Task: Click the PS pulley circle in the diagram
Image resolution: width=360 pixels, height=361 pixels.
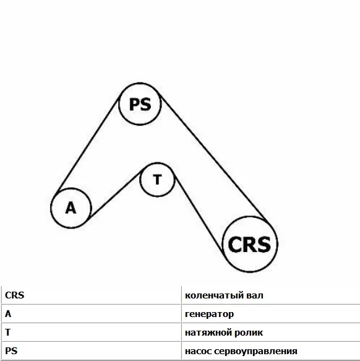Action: coord(140,83)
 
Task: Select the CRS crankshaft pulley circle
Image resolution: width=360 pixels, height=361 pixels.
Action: coord(250,217)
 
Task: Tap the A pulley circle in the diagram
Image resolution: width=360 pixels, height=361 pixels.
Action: coord(71,189)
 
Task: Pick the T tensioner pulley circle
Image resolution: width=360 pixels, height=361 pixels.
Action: coord(158,163)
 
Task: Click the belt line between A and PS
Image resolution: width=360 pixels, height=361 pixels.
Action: coord(88,144)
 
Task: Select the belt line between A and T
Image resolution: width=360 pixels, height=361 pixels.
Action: coord(115,194)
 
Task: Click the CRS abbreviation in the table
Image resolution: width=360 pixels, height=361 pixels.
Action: coord(14,295)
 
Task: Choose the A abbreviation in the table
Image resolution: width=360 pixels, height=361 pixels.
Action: coord(8,314)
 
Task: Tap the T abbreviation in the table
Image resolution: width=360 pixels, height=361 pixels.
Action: coord(8,333)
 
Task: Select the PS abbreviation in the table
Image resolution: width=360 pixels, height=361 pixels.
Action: coord(11,351)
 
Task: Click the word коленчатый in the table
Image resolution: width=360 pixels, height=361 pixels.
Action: coord(214,295)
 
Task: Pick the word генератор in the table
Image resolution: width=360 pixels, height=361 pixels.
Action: coord(209,315)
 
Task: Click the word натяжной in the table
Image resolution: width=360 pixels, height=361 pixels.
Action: coord(208,333)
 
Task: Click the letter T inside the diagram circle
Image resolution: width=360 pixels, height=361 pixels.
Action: coord(157,180)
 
